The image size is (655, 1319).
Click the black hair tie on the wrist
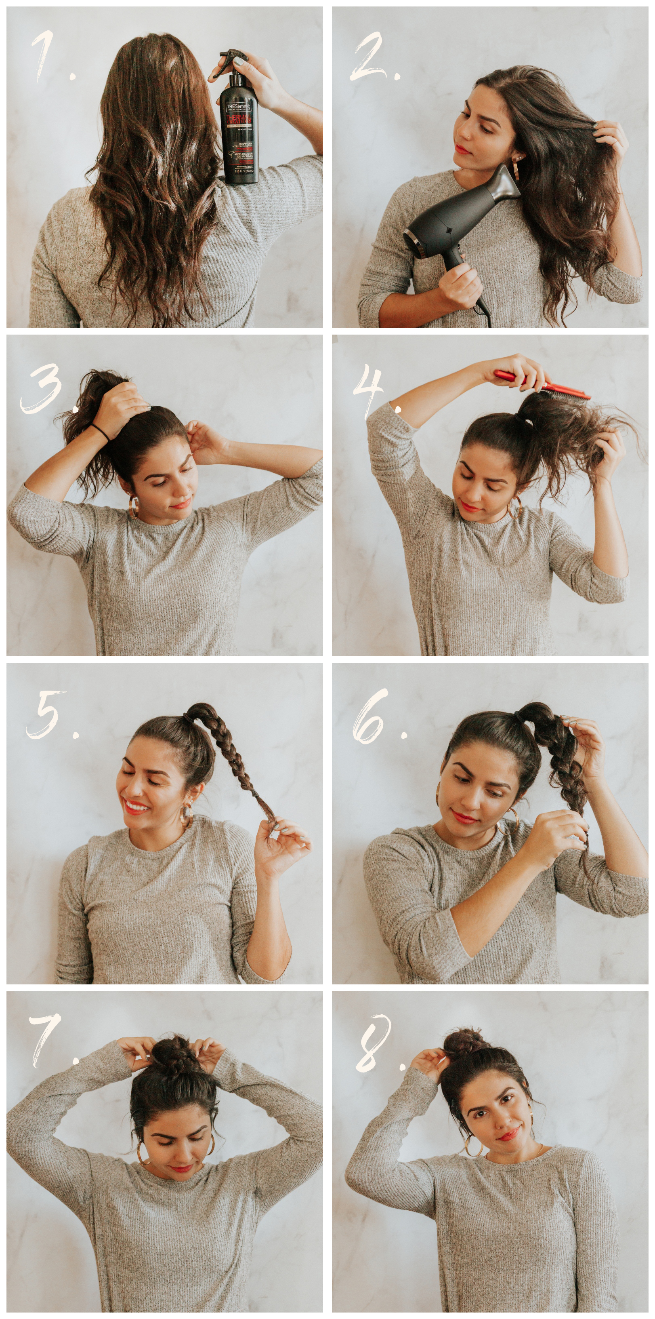[101, 432]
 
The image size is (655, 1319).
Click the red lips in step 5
[136, 807]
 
